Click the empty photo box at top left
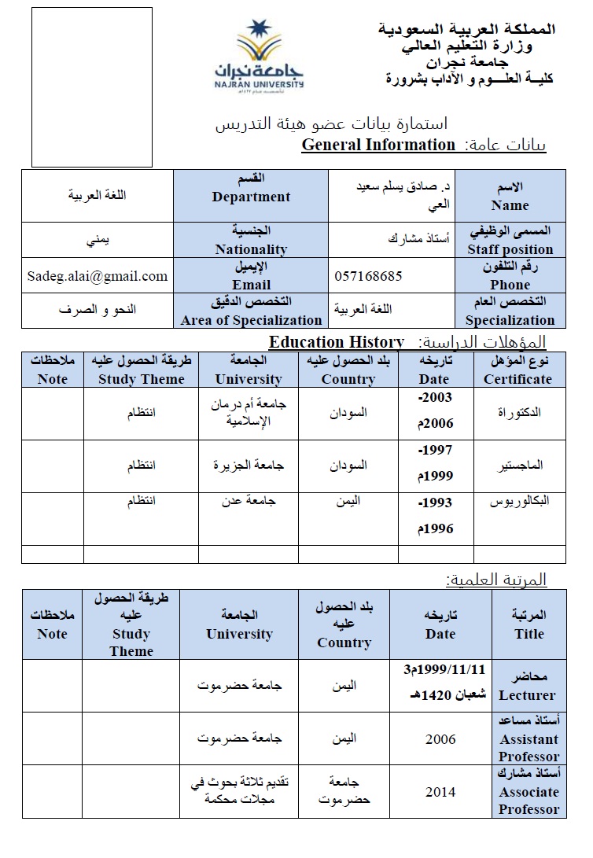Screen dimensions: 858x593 (x=92, y=87)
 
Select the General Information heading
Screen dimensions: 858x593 (x=378, y=145)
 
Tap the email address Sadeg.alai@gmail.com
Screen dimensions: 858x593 (x=98, y=275)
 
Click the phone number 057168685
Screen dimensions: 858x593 (x=369, y=276)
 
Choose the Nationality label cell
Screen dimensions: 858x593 (x=251, y=240)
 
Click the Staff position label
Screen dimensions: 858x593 (x=510, y=241)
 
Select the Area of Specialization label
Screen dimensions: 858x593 (x=251, y=311)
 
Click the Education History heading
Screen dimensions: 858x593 (x=337, y=342)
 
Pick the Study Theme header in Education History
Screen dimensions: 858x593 (x=141, y=370)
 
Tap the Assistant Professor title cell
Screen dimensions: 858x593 (x=529, y=738)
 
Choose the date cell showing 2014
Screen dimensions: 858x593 (x=440, y=792)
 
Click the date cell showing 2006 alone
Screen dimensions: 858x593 (x=440, y=739)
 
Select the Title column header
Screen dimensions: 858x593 (x=529, y=624)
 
